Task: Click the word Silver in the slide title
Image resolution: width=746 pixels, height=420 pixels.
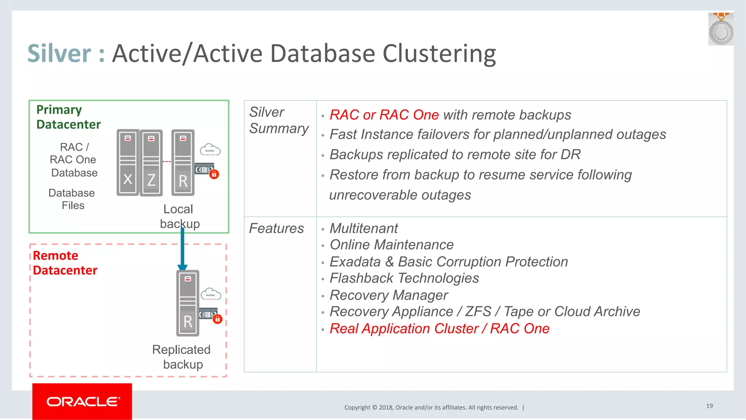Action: (x=59, y=54)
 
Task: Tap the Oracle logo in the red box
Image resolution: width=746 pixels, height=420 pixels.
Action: (x=82, y=401)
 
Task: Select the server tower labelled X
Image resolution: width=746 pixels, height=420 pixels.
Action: (x=127, y=162)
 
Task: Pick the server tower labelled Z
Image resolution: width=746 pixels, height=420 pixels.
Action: (x=151, y=163)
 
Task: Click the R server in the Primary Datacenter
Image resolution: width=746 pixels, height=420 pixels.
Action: (x=183, y=163)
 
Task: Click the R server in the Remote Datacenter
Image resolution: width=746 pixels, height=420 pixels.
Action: (x=188, y=303)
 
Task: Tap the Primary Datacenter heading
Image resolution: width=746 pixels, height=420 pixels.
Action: (x=68, y=117)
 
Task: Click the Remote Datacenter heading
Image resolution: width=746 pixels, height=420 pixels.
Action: (x=65, y=263)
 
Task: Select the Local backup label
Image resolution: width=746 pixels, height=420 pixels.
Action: (x=179, y=216)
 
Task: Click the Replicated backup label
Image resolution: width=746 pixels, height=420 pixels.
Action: (x=181, y=357)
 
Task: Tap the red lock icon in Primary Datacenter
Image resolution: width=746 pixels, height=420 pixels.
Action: (x=214, y=174)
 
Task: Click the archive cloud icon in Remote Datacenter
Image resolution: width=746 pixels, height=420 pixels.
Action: (x=211, y=294)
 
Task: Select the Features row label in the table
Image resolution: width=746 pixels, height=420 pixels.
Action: (x=276, y=228)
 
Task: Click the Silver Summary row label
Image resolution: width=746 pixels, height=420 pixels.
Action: (x=279, y=120)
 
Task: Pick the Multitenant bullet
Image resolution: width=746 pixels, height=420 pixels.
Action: (x=364, y=228)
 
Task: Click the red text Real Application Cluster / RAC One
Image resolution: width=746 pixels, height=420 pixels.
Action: (x=439, y=329)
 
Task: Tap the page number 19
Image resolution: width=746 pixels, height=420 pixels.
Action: (x=709, y=406)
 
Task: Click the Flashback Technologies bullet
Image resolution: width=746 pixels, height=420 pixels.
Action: (x=404, y=278)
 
